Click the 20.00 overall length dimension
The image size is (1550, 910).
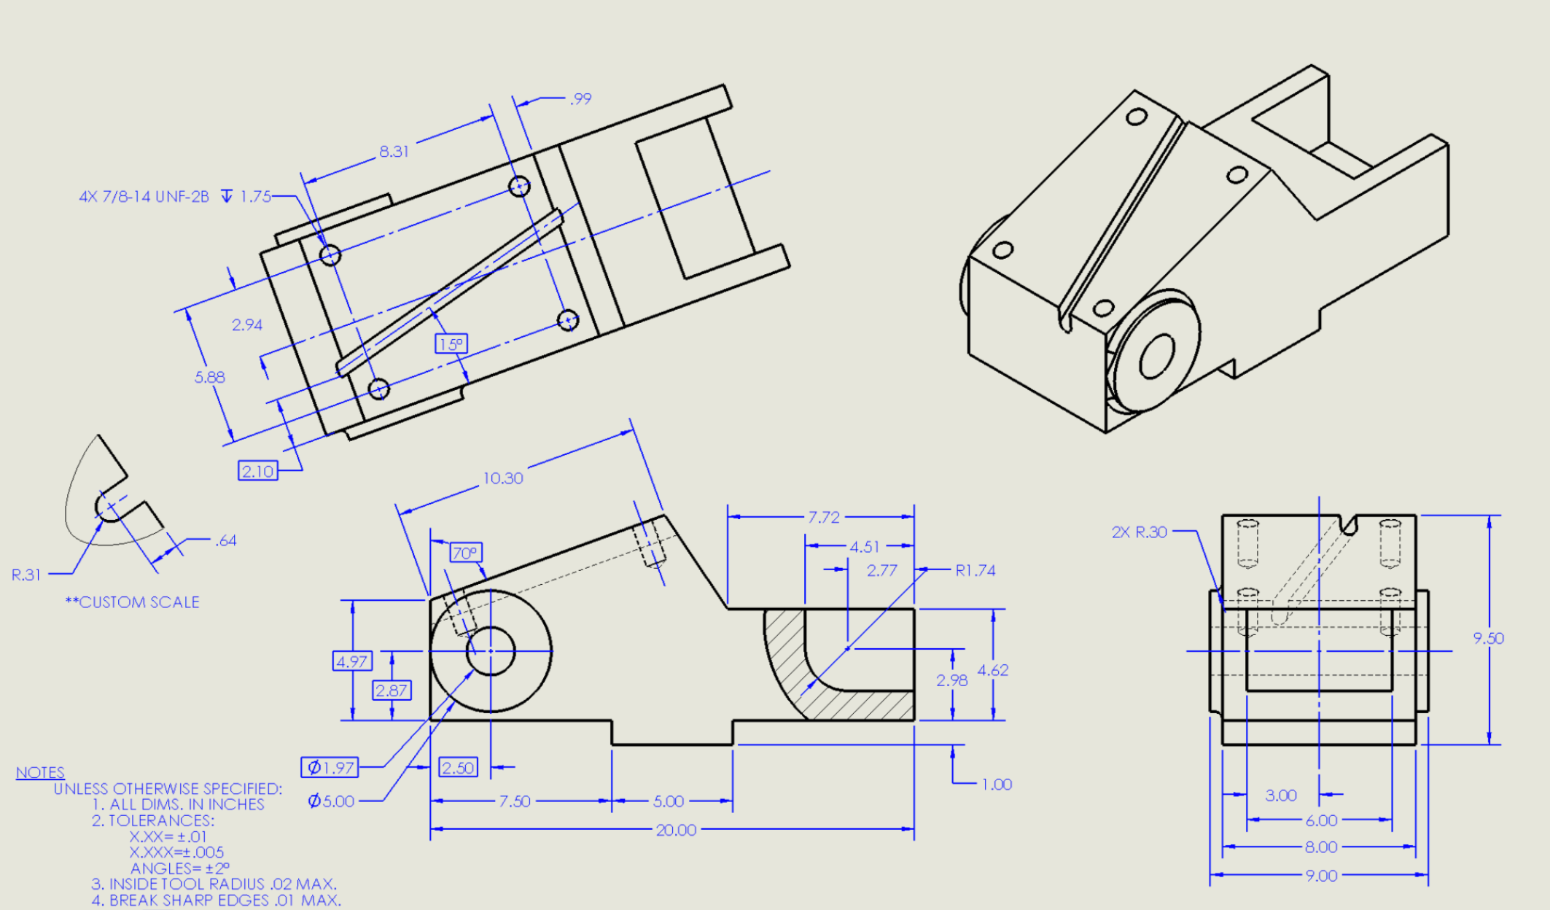coord(676,830)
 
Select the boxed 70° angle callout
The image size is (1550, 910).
coord(465,553)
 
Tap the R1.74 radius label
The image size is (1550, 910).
coord(975,570)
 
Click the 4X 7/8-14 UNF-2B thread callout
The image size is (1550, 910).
coord(175,196)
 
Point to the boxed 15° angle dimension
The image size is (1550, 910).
coord(451,344)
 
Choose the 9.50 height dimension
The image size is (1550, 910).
coord(1487,638)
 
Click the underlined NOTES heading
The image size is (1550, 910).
coord(40,772)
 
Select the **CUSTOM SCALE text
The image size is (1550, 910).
coord(132,602)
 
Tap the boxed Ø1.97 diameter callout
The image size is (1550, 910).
coord(330,767)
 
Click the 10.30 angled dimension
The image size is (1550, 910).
coord(502,478)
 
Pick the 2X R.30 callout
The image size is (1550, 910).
coord(1139,532)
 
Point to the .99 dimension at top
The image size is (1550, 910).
coord(580,98)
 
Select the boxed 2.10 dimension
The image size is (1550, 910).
coord(257,471)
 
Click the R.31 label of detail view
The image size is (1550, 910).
coord(26,575)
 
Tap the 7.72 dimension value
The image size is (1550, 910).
coord(823,517)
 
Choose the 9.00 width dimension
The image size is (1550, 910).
coord(1321,876)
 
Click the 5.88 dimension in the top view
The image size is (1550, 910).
coord(209,377)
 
